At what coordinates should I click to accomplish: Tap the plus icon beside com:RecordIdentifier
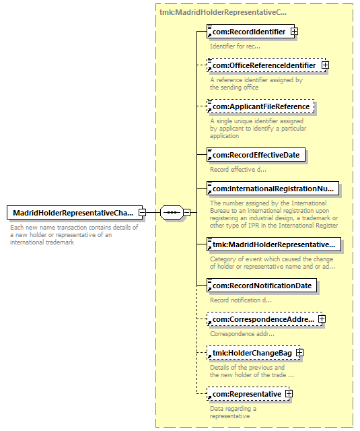294,32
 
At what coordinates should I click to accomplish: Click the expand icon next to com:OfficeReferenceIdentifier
325,65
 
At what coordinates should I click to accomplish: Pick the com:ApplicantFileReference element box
260,106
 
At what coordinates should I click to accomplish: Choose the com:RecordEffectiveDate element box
256,155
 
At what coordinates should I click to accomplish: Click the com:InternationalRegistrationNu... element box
273,189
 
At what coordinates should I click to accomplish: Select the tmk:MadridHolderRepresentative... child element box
274,244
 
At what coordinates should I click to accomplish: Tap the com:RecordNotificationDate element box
262,286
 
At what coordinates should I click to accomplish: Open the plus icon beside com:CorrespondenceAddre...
322,319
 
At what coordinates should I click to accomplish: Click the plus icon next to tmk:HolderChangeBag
299,353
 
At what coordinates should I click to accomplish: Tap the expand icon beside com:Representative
289,393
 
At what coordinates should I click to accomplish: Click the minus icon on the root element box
142,212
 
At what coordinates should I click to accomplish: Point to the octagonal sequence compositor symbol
172,212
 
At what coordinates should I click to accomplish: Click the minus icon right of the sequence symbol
186,212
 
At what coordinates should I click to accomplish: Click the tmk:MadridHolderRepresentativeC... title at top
223,12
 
